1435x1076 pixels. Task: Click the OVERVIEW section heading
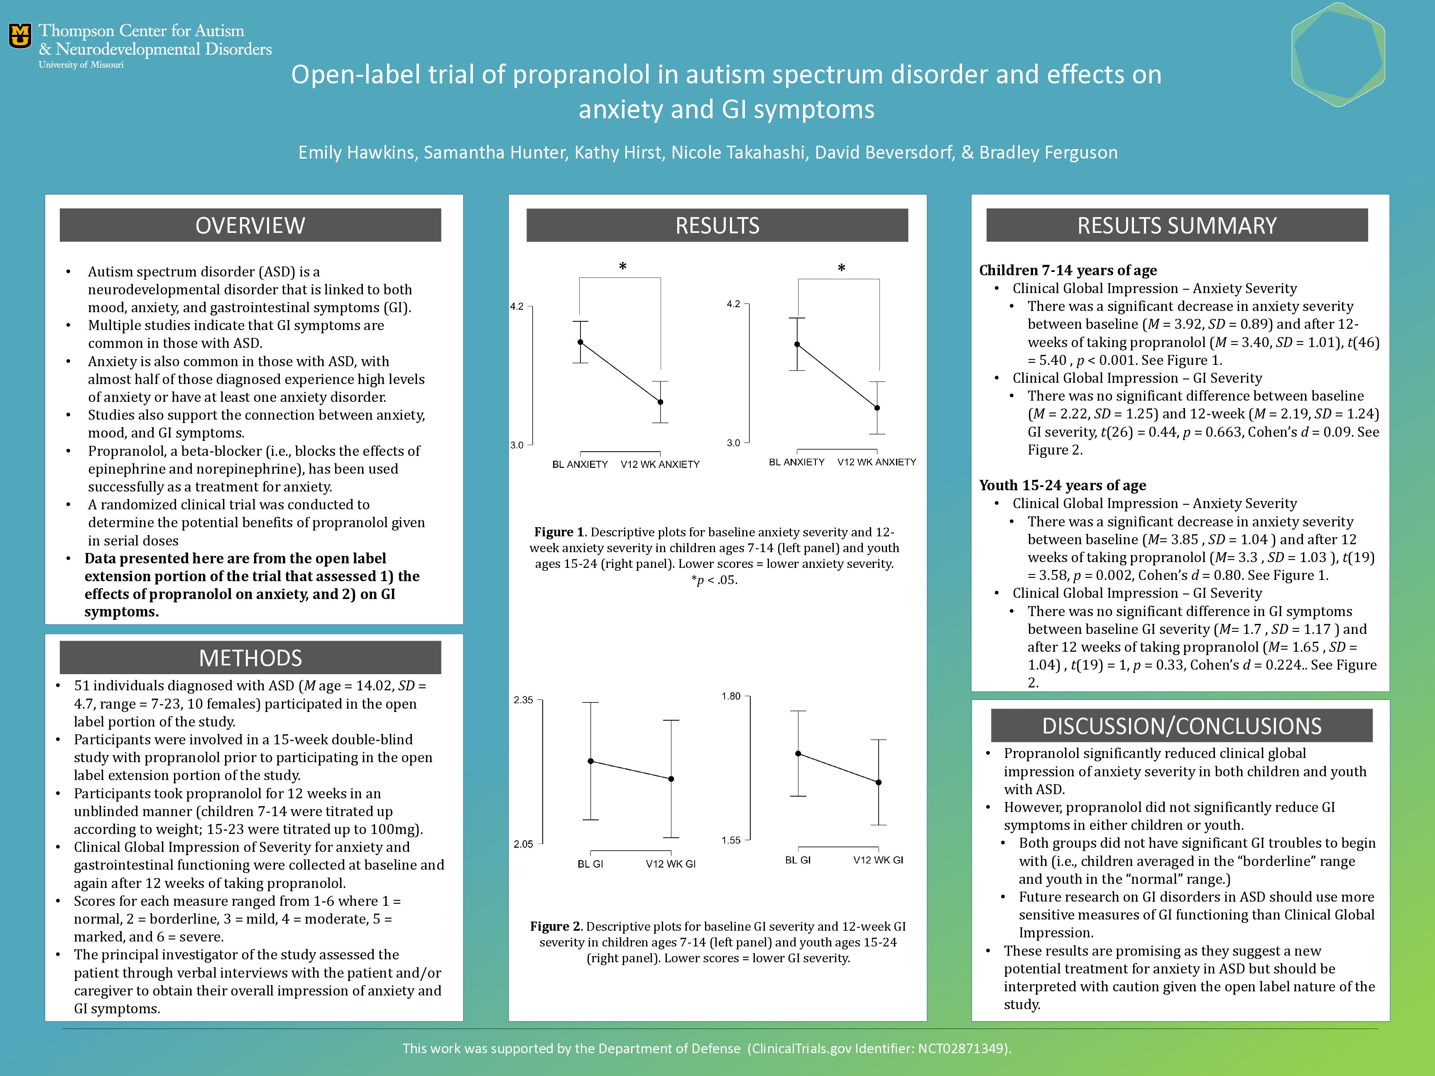(250, 226)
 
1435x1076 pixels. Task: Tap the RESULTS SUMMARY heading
(1176, 226)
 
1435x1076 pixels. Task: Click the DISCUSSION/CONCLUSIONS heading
(1181, 726)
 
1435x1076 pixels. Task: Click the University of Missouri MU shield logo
(20, 36)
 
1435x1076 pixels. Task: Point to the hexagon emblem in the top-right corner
(1338, 54)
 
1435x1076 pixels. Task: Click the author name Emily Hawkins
(356, 152)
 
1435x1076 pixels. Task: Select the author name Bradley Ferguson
(1048, 152)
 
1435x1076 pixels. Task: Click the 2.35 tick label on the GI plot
(523, 700)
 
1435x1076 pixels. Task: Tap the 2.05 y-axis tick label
(523, 844)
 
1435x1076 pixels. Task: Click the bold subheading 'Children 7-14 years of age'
(1068, 271)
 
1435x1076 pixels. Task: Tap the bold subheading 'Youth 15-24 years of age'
(1062, 485)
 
